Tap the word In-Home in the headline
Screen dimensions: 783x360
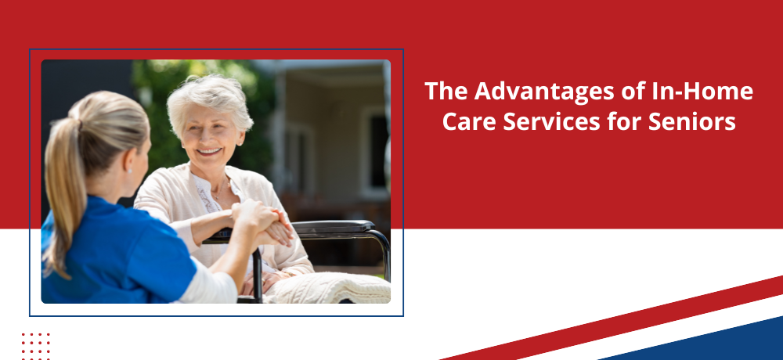tap(702, 92)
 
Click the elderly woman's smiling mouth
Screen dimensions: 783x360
tap(210, 151)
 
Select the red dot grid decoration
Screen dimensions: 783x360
tap(35, 346)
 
